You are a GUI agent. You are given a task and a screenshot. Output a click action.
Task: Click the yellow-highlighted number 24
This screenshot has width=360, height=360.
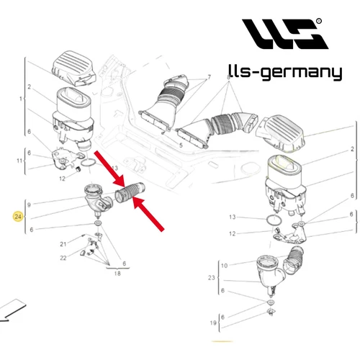pyautogui.click(x=18, y=217)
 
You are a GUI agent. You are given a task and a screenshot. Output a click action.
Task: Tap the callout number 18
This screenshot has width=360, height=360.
pyautogui.click(x=117, y=274)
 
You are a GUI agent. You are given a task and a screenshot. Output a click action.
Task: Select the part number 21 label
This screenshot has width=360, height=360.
pyautogui.click(x=63, y=244)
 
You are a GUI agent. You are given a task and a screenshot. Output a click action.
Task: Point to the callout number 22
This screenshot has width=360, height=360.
pyautogui.click(x=63, y=258)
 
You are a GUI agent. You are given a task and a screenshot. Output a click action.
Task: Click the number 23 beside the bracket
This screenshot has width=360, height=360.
pyautogui.click(x=211, y=278)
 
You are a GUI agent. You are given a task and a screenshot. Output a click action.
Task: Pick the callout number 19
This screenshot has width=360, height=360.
pyautogui.click(x=213, y=323)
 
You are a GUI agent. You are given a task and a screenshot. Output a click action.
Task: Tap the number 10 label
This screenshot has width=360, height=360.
pyautogui.click(x=224, y=266)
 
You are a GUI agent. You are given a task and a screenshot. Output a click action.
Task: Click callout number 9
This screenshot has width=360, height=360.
pyautogui.click(x=29, y=205)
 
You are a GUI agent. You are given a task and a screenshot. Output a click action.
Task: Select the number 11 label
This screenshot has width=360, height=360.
pyautogui.click(x=19, y=161)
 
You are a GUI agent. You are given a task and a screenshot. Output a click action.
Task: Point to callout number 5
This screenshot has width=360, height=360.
pyautogui.click(x=181, y=145)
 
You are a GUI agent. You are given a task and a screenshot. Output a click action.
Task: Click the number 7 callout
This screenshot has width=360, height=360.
pyautogui.click(x=209, y=77)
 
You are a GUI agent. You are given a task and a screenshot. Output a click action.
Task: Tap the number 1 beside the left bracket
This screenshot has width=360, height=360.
pyautogui.click(x=21, y=99)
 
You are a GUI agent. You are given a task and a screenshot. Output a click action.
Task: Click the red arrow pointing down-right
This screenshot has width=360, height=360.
pyautogui.click(x=109, y=169)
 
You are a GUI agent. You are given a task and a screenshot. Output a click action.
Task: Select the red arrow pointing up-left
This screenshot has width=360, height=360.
pyautogui.click(x=148, y=214)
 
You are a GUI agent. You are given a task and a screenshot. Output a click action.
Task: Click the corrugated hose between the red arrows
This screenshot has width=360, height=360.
pyautogui.click(x=130, y=192)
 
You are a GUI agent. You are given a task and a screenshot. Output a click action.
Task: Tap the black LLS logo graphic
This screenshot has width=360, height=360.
pyautogui.click(x=285, y=34)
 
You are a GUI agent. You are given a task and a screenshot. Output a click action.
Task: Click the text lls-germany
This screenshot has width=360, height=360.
pyautogui.click(x=285, y=72)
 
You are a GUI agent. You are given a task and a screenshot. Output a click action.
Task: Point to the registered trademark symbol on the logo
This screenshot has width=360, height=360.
pyautogui.click(x=319, y=21)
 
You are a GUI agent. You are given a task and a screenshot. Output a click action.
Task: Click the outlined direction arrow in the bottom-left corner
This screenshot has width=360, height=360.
pyautogui.click(x=12, y=310)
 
